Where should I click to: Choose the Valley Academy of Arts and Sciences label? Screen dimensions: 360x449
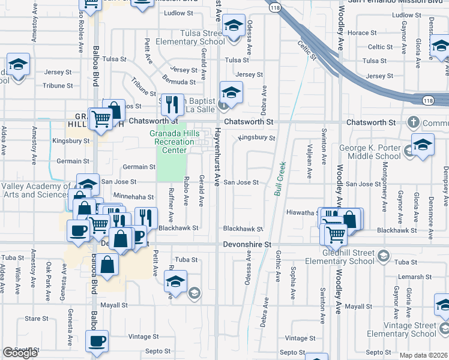point(36,190)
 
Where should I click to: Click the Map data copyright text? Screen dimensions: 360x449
point(424,355)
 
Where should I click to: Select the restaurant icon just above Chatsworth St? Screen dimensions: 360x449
point(172,104)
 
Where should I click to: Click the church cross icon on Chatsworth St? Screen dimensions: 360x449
point(412,122)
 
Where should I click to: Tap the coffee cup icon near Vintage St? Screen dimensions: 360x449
point(97,341)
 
